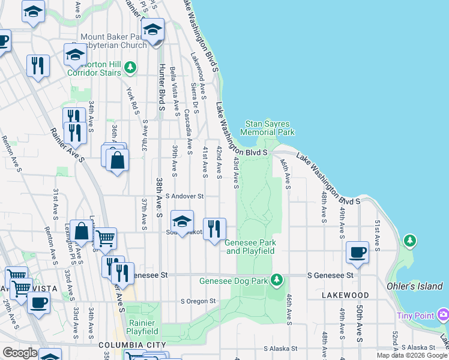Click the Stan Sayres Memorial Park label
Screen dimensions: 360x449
268,128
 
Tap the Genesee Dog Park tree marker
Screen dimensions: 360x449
276,280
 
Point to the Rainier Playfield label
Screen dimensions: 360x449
143,326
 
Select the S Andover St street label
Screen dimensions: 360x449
185,196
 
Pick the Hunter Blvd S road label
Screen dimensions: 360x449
161,87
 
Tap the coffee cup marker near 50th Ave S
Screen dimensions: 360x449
358,252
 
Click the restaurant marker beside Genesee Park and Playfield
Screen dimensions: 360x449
214,229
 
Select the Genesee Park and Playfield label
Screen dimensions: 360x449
250,247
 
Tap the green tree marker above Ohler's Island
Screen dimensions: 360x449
410,241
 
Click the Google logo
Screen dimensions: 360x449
20,353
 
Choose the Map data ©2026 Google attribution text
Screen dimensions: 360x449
412,355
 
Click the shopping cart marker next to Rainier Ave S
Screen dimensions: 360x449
105,238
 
